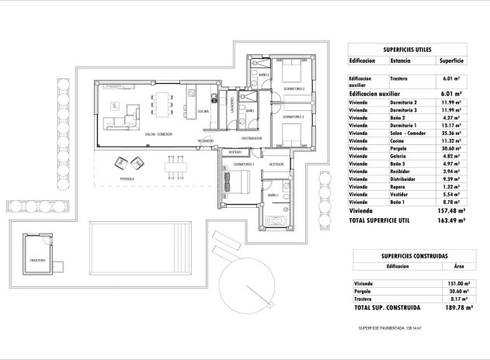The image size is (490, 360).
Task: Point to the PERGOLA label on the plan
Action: point(128,179)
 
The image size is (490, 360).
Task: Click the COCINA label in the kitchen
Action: point(203,112)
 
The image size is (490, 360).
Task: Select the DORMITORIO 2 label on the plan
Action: point(292,89)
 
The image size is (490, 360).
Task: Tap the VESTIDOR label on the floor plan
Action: point(276,164)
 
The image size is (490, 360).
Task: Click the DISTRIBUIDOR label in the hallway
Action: point(252,138)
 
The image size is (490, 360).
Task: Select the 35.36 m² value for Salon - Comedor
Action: point(451,133)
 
